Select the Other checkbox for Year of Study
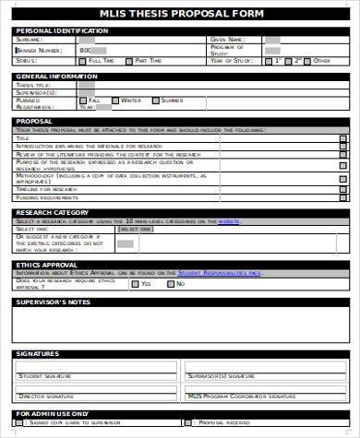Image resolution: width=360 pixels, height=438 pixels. pyautogui.click(x=309, y=60)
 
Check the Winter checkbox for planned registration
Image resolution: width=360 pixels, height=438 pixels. pyautogui.click(x=116, y=100)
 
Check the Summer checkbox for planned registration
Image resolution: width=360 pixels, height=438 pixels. pyautogui.click(x=156, y=100)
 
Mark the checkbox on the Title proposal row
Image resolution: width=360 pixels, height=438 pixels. pyautogui.click(x=342, y=138)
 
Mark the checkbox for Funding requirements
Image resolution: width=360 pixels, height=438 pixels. pyautogui.click(x=342, y=197)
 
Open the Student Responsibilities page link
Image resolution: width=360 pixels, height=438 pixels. pyautogui.click(x=219, y=273)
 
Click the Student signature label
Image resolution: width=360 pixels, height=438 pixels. pyautogui.click(x=44, y=376)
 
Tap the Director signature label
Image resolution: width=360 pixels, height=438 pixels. pyautogui.click(x=44, y=396)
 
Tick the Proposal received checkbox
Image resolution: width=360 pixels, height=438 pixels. pyautogui.click(x=190, y=422)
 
